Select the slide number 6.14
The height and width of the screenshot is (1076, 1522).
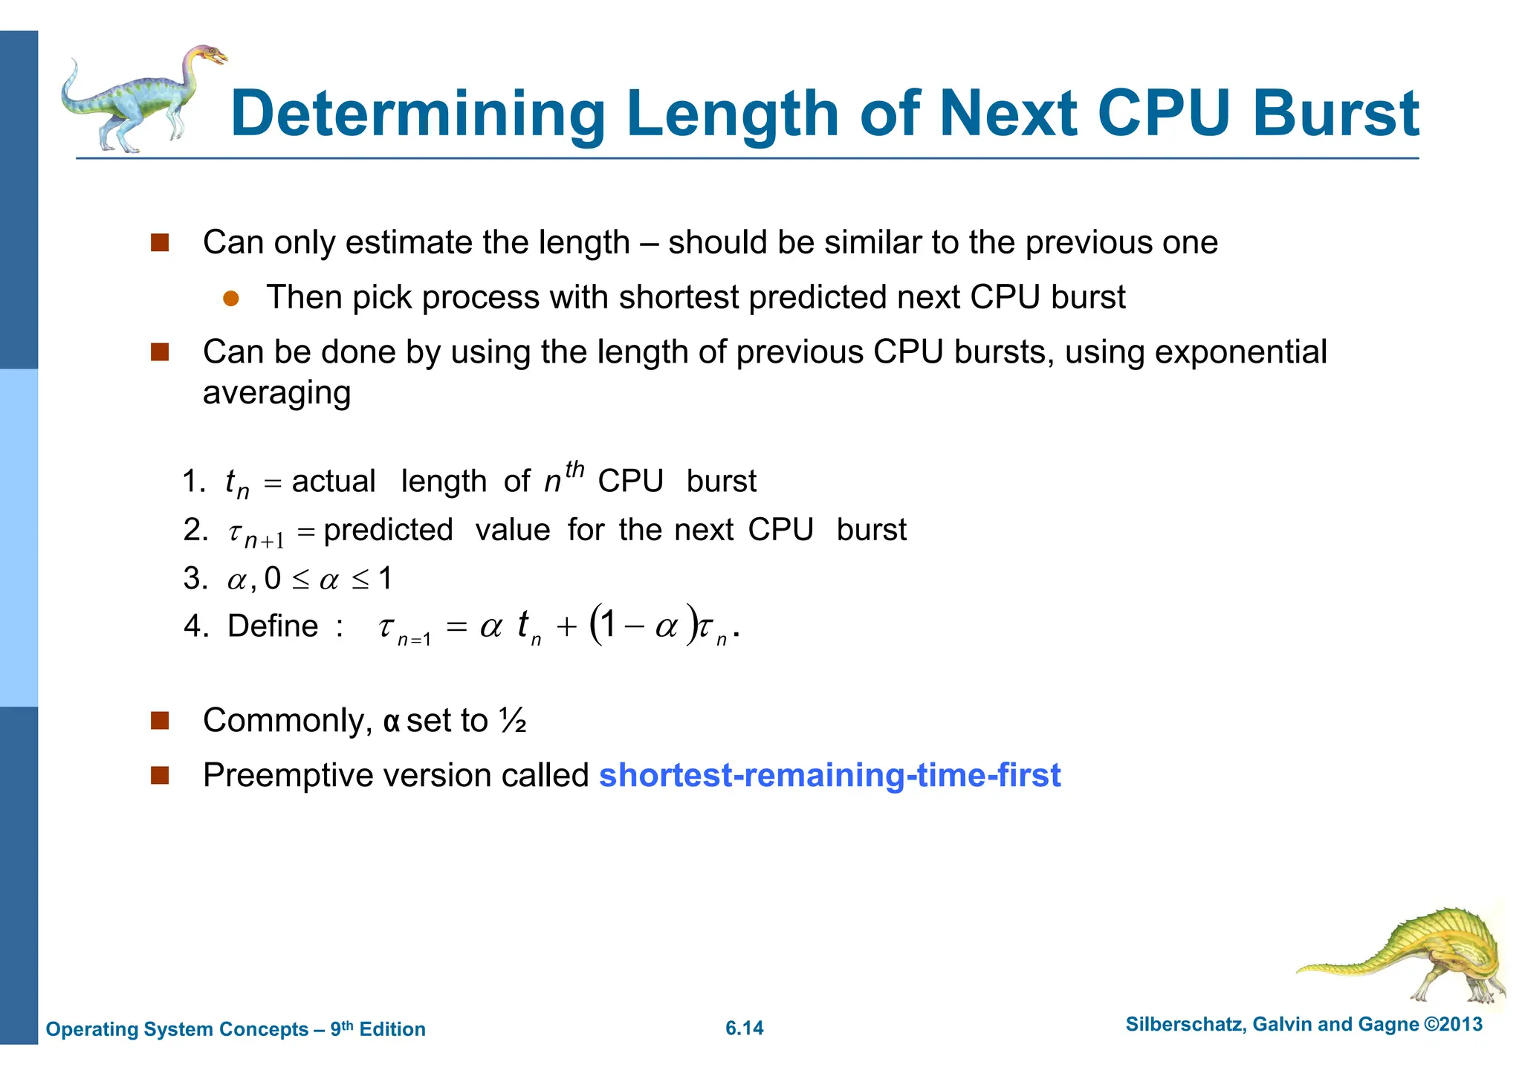[x=744, y=1028]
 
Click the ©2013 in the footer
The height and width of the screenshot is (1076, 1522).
[x=1453, y=1024]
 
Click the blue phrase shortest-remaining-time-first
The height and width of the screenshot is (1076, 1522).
[x=829, y=775]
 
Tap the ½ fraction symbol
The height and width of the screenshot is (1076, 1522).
[x=513, y=721]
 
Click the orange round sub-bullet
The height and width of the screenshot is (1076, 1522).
[x=231, y=299]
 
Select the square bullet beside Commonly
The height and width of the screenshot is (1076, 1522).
[x=160, y=721]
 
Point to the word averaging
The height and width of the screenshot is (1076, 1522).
[x=276, y=392]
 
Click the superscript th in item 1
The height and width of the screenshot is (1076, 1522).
[x=574, y=470]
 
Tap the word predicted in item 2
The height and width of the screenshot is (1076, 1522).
[x=388, y=530]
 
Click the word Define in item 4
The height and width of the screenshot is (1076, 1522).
[x=273, y=626]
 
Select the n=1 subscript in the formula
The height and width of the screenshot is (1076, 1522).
[x=414, y=639]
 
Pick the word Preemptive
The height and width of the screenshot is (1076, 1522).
[x=297, y=775]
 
